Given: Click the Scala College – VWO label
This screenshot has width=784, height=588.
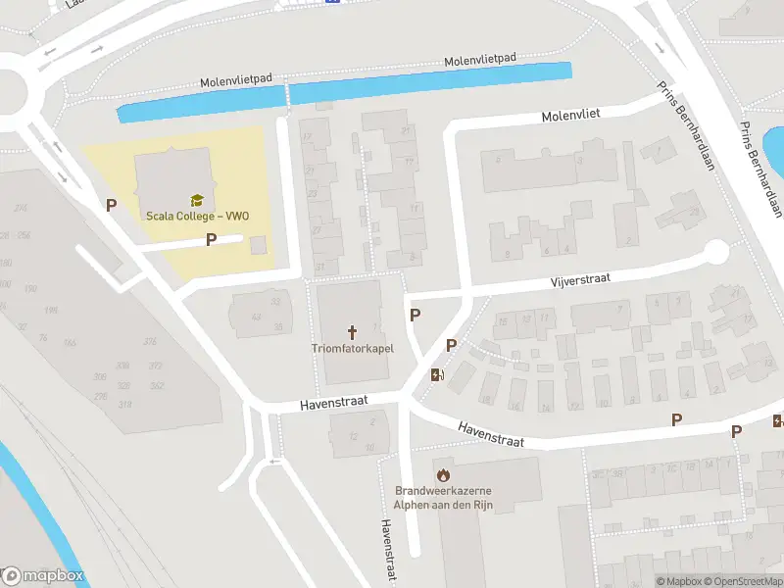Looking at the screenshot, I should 196,216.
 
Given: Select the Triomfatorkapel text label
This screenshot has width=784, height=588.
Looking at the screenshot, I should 353,348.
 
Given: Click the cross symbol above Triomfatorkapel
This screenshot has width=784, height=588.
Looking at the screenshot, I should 353,331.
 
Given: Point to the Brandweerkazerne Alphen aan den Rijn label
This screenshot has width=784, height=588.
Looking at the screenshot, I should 443,497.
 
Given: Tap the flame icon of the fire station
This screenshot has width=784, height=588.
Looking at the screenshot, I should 443,474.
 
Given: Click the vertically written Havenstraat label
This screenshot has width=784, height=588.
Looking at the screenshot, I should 385,549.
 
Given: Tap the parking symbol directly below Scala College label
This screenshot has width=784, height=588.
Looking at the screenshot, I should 211,239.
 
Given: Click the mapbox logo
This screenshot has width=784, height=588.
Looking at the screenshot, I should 42,576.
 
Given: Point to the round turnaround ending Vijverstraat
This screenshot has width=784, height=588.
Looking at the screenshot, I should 716,253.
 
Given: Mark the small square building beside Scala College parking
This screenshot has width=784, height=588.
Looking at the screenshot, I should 259,244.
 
